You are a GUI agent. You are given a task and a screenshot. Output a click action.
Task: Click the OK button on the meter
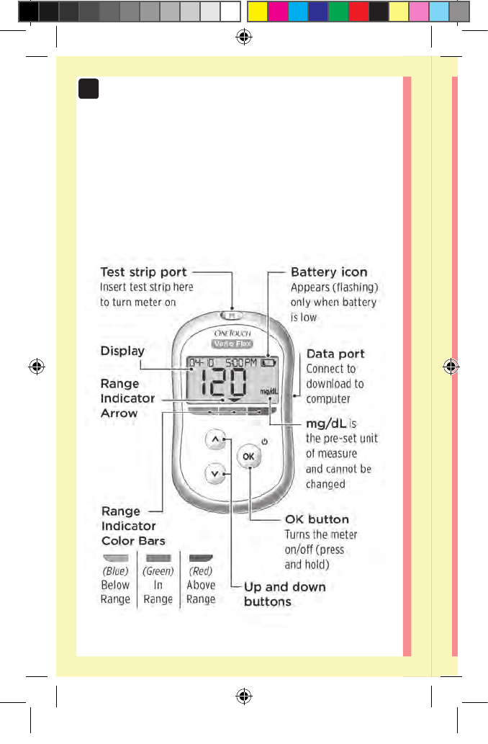[x=248, y=457]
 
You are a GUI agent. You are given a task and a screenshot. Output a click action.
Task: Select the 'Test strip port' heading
[x=143, y=272]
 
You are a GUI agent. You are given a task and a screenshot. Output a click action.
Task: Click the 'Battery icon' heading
[x=329, y=272]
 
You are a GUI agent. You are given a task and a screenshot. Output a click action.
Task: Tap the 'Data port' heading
[x=335, y=354]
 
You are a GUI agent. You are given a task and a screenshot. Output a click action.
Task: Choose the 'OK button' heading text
[x=317, y=519]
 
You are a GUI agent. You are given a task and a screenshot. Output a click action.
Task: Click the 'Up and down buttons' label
[x=284, y=594]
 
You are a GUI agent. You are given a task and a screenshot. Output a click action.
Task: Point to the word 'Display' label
[x=122, y=351]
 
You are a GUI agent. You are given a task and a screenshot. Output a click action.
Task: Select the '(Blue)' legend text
[x=115, y=571]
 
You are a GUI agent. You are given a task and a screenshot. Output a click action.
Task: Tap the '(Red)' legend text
[x=201, y=571]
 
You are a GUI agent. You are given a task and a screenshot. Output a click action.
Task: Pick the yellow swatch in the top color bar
[x=257, y=11]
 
